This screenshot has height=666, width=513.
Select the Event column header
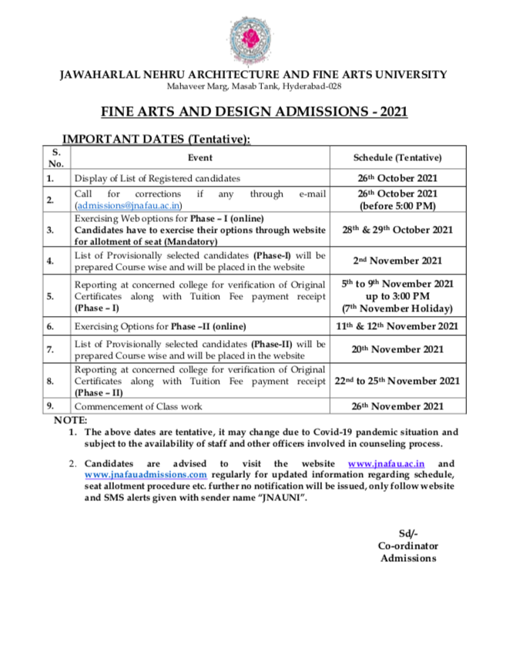click(200, 157)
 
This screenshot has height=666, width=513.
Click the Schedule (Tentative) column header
click(397, 157)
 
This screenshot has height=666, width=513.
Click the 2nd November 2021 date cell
click(397, 261)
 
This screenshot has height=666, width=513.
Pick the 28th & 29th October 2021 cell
click(397, 230)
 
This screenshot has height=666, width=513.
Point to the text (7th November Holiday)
click(397, 308)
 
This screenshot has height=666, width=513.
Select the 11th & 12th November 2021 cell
click(397, 327)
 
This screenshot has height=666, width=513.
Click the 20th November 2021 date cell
click(397, 349)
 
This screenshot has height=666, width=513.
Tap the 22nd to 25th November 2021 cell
click(397, 381)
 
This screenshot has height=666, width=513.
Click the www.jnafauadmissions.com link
click(146, 475)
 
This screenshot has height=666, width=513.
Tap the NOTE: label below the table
click(70, 420)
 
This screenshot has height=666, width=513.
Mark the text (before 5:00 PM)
click(397, 207)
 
